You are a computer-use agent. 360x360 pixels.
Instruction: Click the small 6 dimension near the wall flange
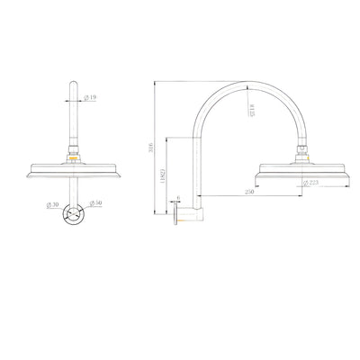click(x=179, y=200)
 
